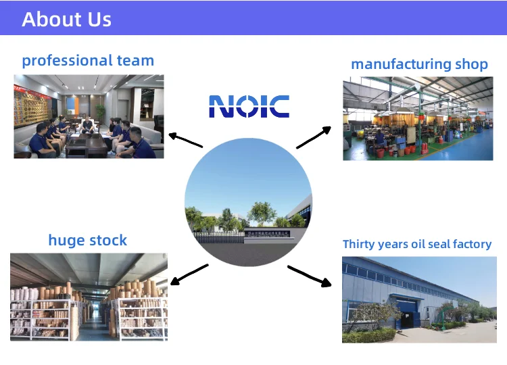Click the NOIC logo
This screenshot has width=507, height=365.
[249, 106]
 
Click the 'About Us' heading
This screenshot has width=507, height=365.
[67, 19]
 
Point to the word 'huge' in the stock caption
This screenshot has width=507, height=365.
[67, 241]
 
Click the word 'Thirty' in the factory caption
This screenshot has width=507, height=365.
[358, 245]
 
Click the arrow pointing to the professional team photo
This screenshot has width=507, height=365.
[186, 140]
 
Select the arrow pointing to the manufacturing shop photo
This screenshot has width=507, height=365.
[314, 137]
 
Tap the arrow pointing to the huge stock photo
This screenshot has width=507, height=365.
[189, 274]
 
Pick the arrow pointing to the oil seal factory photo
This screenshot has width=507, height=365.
[310, 276]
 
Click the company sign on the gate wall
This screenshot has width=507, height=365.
[267, 234]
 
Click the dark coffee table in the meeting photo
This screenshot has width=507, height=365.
[86, 148]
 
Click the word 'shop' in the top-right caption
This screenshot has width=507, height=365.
[471, 64]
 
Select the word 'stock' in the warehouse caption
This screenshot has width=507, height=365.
[108, 241]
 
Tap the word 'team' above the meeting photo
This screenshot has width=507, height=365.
[135, 61]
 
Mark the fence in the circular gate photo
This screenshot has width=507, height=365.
[218, 238]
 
